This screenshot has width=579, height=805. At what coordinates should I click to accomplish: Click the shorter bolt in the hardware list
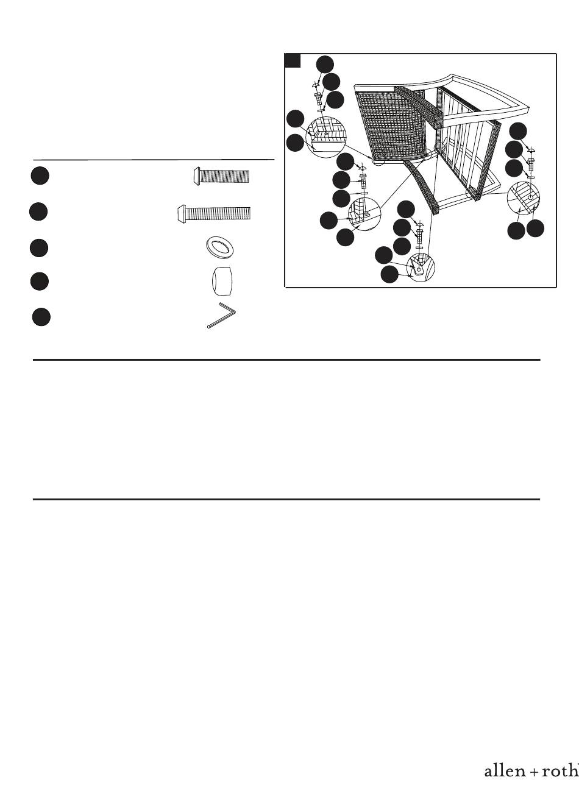pyautogui.click(x=221, y=176)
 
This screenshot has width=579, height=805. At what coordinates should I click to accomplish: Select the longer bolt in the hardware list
pyautogui.click(x=214, y=213)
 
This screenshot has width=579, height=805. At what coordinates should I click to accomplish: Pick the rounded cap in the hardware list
pyautogui.click(x=221, y=281)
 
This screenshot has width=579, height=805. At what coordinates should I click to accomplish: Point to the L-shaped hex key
pyautogui.click(x=221, y=316)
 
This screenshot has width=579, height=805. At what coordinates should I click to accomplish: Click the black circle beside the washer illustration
pyautogui.click(x=39, y=248)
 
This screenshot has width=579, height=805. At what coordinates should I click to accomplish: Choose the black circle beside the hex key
pyautogui.click(x=41, y=317)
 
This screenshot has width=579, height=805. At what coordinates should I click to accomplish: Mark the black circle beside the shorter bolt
pyautogui.click(x=40, y=176)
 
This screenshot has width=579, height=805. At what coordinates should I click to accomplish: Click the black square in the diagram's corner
pyautogui.click(x=293, y=60)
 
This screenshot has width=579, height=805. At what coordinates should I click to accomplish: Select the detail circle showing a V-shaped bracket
pyautogui.click(x=421, y=267)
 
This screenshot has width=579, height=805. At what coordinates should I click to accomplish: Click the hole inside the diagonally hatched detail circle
pyautogui.click(x=530, y=197)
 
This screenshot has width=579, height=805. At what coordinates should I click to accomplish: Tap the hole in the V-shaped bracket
pyautogui.click(x=418, y=269)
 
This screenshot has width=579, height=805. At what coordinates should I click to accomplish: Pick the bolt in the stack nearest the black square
pyautogui.click(x=318, y=97)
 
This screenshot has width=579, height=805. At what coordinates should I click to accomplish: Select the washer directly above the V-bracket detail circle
pyautogui.click(x=419, y=247)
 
